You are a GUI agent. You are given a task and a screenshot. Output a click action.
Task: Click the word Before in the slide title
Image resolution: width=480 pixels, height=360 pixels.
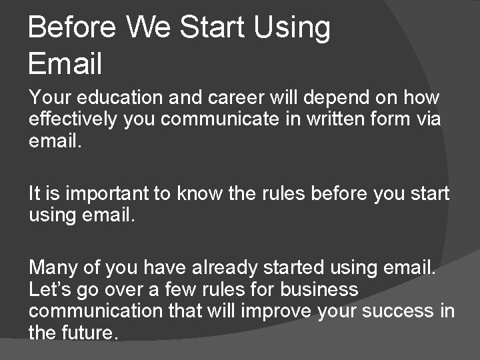[x=72, y=28]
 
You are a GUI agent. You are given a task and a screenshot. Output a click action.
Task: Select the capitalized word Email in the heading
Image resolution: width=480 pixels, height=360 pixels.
[x=66, y=64]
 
